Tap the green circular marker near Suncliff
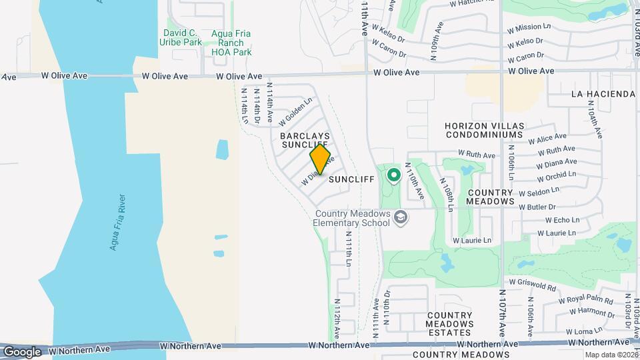tap(393, 175)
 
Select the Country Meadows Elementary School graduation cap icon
tap(400, 217)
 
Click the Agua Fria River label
tap(119, 223)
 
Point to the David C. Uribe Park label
tap(181, 37)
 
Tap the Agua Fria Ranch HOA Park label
tap(231, 43)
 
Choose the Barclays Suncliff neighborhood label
tap(305, 140)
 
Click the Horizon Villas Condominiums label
tap(485, 130)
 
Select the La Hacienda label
tap(603, 94)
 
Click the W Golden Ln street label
tap(295, 114)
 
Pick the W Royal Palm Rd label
tap(586, 299)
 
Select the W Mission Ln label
tap(529, 29)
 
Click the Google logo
tap(22, 351)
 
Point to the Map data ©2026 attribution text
tap(611, 355)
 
